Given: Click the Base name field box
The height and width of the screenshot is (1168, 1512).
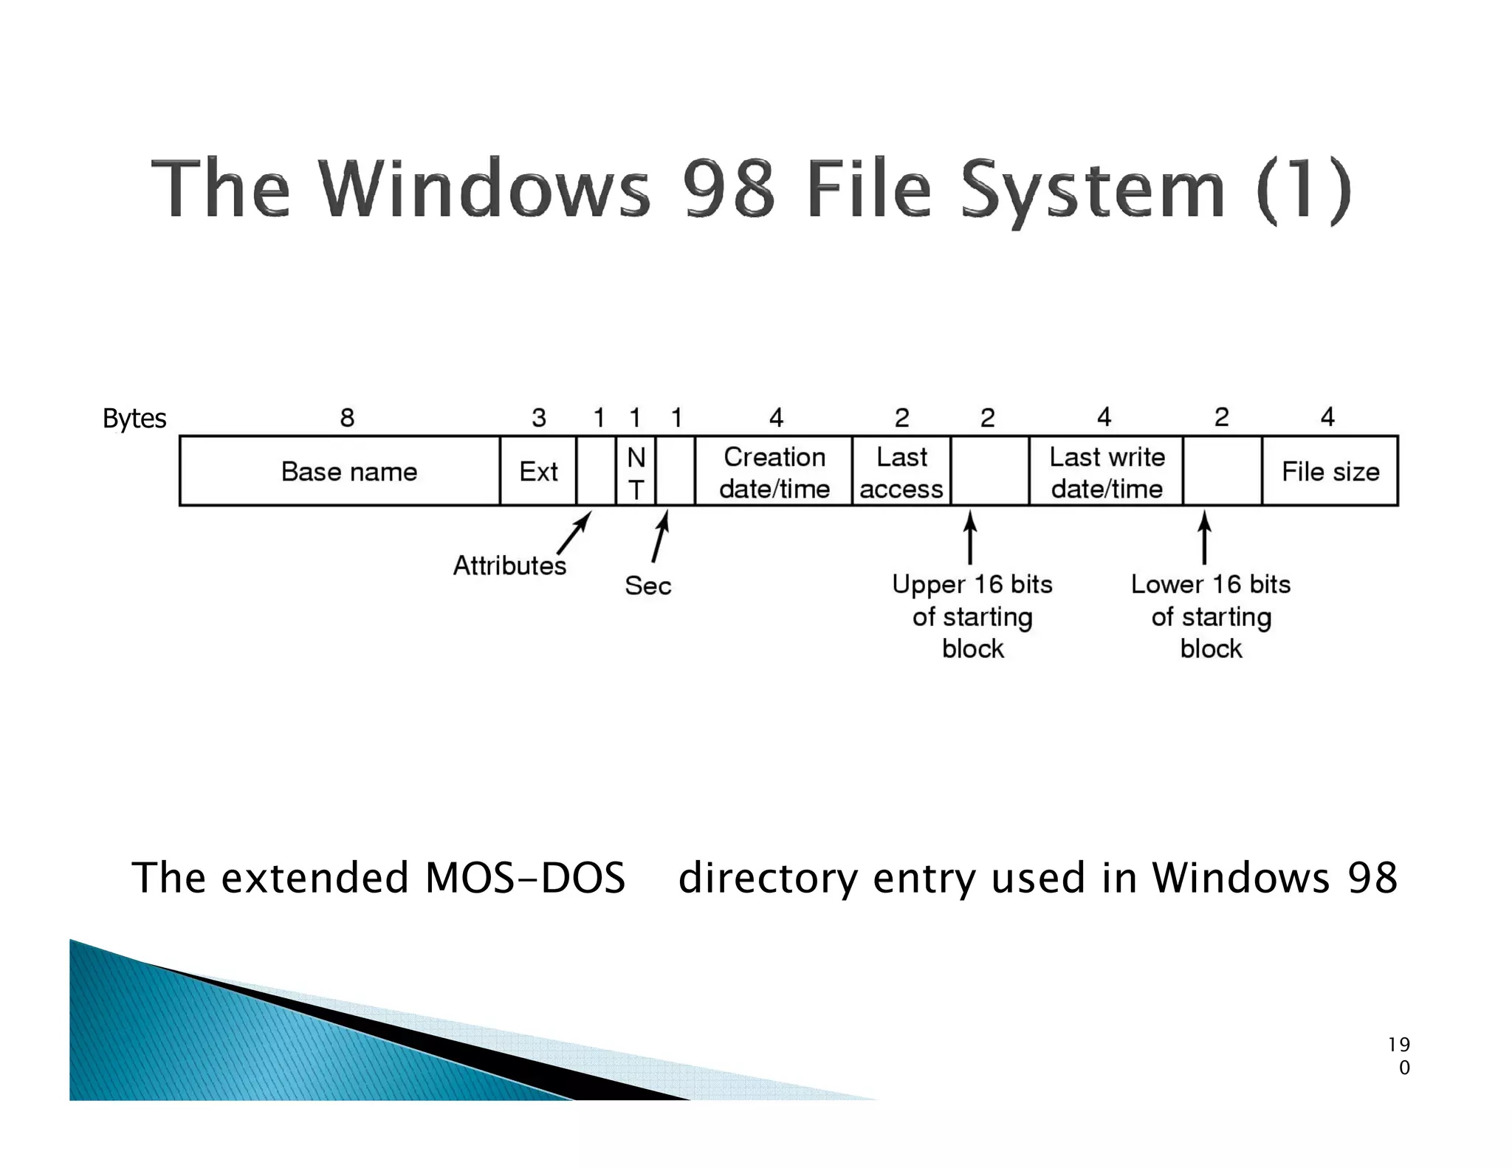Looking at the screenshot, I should click(348, 471).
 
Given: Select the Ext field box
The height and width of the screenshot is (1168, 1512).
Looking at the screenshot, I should click(538, 471).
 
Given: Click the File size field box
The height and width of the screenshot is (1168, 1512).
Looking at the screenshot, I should click(1330, 471).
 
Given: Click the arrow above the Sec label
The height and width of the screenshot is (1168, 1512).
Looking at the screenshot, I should click(660, 537).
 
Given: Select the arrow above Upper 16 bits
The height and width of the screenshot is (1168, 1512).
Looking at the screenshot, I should click(970, 538).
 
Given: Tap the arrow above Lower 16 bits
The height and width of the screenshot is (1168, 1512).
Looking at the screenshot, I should click(1204, 538).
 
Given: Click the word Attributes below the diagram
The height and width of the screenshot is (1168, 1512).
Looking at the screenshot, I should click(509, 566).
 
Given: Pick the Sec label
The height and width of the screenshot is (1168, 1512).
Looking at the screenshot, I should click(647, 585).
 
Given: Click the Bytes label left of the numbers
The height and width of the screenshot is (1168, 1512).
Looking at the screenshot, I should click(134, 419).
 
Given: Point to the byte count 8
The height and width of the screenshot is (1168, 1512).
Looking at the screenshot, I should click(347, 418).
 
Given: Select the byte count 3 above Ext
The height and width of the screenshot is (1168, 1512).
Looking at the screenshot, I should click(539, 418).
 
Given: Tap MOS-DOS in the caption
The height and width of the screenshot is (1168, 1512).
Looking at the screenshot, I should click(526, 878).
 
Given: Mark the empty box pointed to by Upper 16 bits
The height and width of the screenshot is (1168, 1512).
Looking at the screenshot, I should click(990, 471).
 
